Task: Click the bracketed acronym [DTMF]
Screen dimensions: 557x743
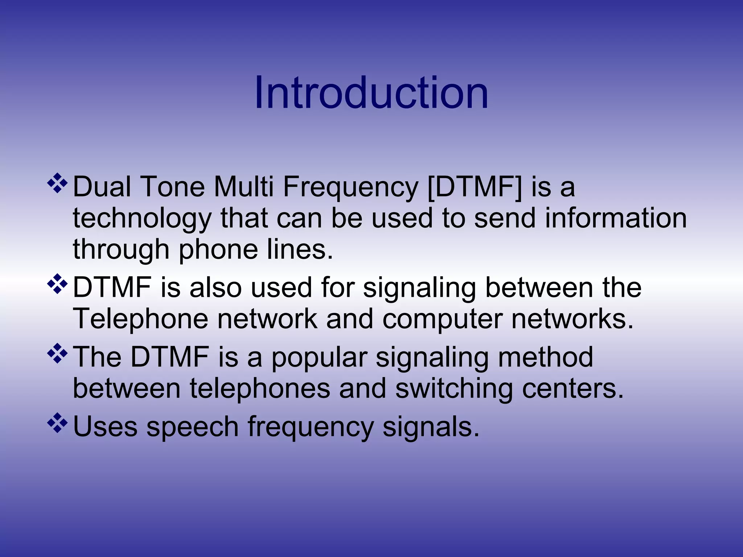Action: click(475, 187)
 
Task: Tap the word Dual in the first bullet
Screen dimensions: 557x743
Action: click(102, 187)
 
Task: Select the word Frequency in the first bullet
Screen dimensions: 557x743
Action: click(350, 187)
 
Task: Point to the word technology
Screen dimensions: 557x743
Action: click(142, 219)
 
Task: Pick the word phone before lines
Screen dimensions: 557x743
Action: click(218, 250)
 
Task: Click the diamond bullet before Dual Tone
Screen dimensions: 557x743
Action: click(58, 183)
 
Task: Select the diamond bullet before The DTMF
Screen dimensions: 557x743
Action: click(58, 353)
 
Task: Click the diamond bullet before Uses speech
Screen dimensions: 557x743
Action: click(58, 423)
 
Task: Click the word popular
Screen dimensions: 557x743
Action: click(319, 358)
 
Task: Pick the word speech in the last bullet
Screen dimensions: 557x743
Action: click(192, 427)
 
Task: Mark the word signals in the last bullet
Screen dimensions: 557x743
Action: click(431, 427)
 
